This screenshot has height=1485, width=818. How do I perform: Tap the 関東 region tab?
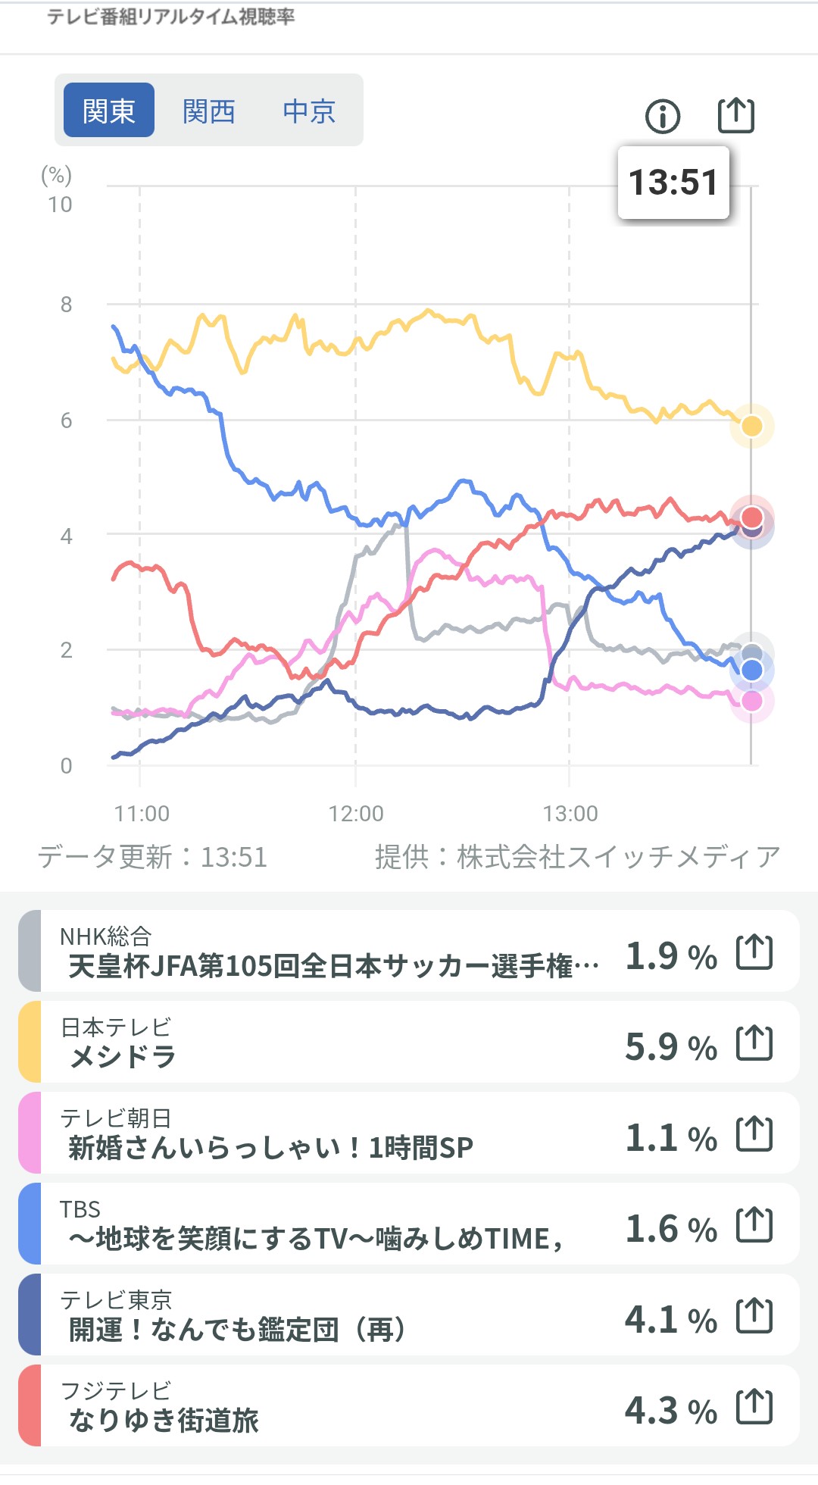tap(109, 111)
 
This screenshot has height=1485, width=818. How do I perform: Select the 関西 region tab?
tap(209, 111)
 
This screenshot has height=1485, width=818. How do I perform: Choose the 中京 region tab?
tap(309, 111)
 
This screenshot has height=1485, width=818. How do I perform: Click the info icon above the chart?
tap(663, 116)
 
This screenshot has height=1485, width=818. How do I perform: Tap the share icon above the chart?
tap(735, 115)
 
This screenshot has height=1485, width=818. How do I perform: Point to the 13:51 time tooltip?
tap(673, 183)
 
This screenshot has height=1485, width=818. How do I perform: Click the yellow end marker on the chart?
tap(751, 426)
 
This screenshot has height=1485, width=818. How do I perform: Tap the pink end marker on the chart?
tap(751, 702)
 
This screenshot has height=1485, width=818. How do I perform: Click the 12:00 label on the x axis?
tap(356, 814)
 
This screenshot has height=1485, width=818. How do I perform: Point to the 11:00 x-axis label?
tap(142, 814)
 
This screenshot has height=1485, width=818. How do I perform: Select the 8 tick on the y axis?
tap(67, 305)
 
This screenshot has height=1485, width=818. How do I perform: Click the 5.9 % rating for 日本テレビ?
tap(671, 1047)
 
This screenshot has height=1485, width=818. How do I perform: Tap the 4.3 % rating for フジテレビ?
tap(671, 1411)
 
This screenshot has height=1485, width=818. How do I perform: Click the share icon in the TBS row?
tap(754, 1225)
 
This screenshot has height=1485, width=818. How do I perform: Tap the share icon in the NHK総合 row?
tap(754, 952)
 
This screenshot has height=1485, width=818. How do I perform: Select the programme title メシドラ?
tap(123, 1056)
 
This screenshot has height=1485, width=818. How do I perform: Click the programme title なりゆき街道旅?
tap(164, 1420)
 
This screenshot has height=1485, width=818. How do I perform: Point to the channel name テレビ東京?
tap(116, 1300)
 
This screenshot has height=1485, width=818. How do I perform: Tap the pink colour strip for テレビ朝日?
tap(30, 1133)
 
